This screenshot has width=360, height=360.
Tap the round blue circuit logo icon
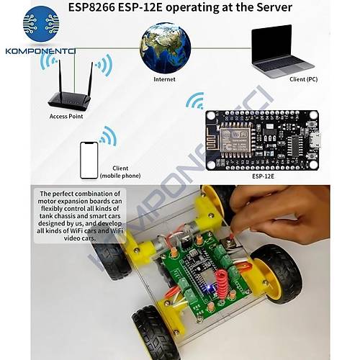point(41,23)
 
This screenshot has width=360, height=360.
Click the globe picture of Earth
point(166,47)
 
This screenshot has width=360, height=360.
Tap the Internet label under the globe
point(164,78)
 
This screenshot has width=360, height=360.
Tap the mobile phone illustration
point(89,160)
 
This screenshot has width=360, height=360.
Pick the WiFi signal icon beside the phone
point(108,135)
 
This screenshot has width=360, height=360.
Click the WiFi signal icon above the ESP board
point(194,101)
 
